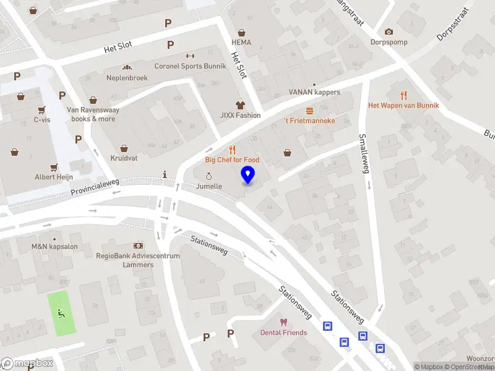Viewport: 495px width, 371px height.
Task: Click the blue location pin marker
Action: [248, 175]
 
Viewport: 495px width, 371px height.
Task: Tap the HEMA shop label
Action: [241, 42]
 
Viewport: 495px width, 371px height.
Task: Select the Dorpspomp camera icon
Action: [389, 32]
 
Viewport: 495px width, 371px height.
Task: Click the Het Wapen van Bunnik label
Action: [403, 105]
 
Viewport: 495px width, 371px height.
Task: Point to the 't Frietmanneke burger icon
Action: [309, 110]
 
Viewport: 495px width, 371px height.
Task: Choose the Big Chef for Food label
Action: [232, 160]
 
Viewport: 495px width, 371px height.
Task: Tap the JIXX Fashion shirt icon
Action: [240, 105]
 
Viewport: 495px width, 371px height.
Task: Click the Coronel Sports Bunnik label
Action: [190, 66]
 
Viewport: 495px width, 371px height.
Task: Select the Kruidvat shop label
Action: [124, 158]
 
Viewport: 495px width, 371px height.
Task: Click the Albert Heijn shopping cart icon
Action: [54, 166]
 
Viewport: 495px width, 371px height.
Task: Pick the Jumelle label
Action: [209, 185]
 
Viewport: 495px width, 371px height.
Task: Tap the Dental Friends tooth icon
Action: [283, 322]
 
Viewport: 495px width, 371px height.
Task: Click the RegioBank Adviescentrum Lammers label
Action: [137, 260]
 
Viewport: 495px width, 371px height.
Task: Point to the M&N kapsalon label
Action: [54, 247]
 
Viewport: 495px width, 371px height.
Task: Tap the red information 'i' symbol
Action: [165, 175]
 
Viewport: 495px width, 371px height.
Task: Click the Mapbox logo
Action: [27, 364]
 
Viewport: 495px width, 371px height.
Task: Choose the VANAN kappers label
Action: [314, 92]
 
